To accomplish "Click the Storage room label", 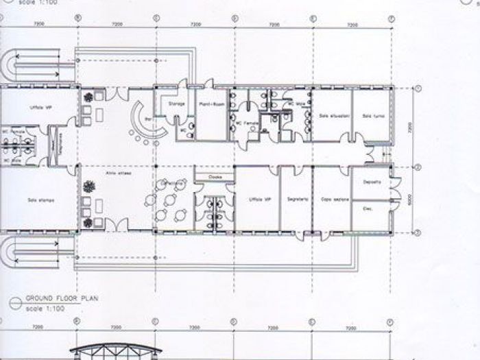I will click(x=174, y=105).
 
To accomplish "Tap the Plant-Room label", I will click(x=208, y=105).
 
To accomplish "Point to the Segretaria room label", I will click(x=296, y=198).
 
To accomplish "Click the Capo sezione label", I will click(x=335, y=199).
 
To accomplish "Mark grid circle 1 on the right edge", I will click(x=417, y=88).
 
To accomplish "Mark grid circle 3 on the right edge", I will click(x=417, y=233).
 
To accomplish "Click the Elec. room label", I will click(x=367, y=208).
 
